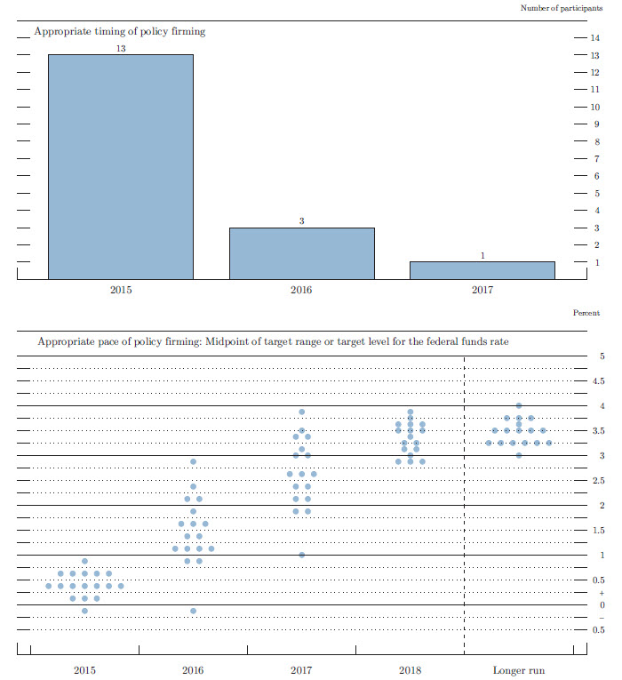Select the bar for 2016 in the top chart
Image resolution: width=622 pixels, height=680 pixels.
[x=301, y=253]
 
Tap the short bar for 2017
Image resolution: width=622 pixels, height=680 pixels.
[x=482, y=270]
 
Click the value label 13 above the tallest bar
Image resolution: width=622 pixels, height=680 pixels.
[x=121, y=48]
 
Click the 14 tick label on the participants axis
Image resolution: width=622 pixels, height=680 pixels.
[x=594, y=38]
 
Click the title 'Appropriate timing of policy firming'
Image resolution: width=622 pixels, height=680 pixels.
[x=119, y=31]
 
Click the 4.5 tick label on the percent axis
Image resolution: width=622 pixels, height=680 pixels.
[x=598, y=381]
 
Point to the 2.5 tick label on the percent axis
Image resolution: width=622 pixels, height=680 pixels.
[x=598, y=481]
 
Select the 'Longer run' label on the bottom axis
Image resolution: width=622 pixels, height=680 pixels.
[x=518, y=670]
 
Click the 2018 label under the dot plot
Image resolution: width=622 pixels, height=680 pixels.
[x=410, y=670]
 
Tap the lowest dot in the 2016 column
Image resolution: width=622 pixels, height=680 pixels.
[x=193, y=611]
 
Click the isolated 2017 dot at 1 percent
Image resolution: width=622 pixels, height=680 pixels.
[x=302, y=555]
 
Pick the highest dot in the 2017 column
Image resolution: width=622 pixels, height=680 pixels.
[x=302, y=412]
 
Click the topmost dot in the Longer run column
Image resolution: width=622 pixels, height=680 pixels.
[x=519, y=405]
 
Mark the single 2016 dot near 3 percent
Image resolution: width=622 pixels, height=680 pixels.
[x=193, y=461]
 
